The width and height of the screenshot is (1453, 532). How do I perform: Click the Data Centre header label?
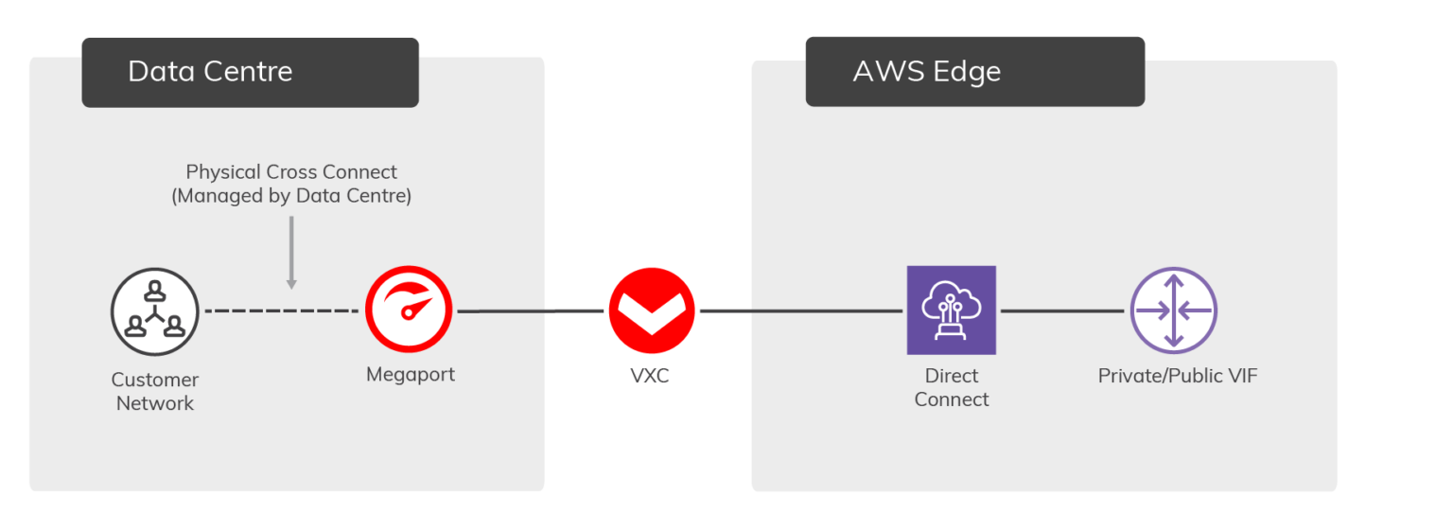[210, 72]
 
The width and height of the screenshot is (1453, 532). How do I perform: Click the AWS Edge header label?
[926, 72]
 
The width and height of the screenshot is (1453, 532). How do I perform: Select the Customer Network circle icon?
[154, 310]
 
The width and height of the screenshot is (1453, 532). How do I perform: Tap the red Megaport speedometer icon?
[411, 310]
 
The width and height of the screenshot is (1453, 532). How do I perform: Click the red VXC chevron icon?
[651, 310]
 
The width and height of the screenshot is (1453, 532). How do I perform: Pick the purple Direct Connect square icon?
[951, 310]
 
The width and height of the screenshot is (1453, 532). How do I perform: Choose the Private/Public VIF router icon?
[1173, 310]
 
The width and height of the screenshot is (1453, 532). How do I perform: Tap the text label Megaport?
[411, 374]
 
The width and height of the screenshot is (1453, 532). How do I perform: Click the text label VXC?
[650, 376]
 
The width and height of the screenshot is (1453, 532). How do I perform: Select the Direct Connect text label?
[952, 387]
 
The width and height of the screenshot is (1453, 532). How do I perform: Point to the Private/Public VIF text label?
[1178, 376]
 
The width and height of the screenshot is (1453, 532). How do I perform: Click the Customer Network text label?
[155, 391]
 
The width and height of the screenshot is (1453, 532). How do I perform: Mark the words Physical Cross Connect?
[291, 172]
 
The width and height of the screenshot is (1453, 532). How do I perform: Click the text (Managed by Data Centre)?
[291, 196]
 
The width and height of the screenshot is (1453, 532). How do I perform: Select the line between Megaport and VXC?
[530, 310]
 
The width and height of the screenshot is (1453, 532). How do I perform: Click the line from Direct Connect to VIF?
[1063, 310]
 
